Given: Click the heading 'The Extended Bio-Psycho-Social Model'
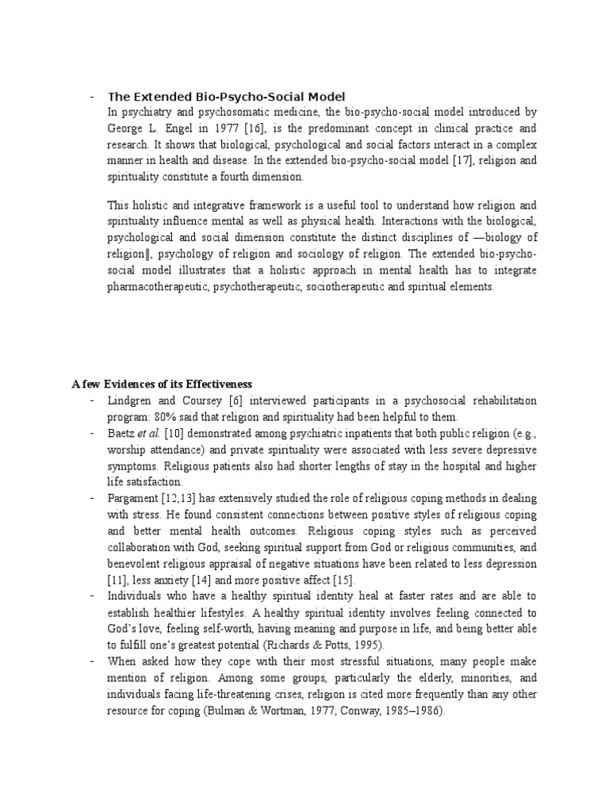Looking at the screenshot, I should point(227,97).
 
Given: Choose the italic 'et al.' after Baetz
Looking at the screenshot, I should point(149,433).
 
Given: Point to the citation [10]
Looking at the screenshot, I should point(174,433).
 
